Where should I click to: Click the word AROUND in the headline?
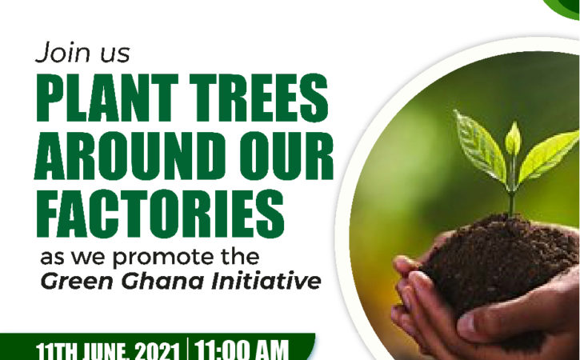[130, 156]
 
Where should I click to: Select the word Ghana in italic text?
[162, 281]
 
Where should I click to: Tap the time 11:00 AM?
[241, 350]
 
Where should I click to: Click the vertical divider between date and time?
[187, 349]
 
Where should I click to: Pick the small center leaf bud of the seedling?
[513, 138]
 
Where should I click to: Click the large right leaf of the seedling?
[548, 155]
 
